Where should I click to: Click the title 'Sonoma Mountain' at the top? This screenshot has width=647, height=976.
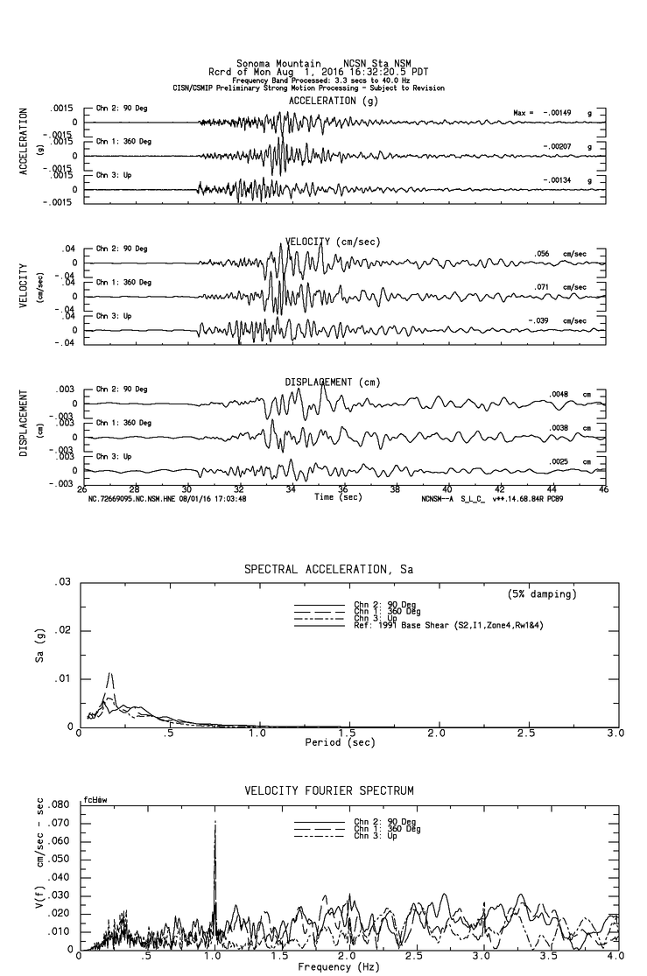click(x=273, y=63)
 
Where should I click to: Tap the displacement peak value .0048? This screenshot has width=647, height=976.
click(x=559, y=395)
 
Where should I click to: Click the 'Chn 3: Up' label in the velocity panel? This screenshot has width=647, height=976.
click(x=114, y=316)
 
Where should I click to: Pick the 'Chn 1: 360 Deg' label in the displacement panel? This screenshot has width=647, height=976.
click(x=123, y=423)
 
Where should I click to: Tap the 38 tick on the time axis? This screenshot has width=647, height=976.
click(x=396, y=490)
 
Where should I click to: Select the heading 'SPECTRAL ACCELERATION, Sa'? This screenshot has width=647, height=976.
click(x=328, y=570)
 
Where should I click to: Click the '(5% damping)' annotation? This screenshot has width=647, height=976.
click(x=542, y=594)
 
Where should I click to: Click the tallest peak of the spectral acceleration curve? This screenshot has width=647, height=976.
click(x=110, y=673)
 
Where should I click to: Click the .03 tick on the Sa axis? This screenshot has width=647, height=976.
click(x=62, y=582)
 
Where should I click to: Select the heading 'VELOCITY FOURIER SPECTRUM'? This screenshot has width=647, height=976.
click(x=328, y=791)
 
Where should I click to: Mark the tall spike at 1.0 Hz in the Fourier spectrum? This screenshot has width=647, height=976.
click(x=214, y=823)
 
